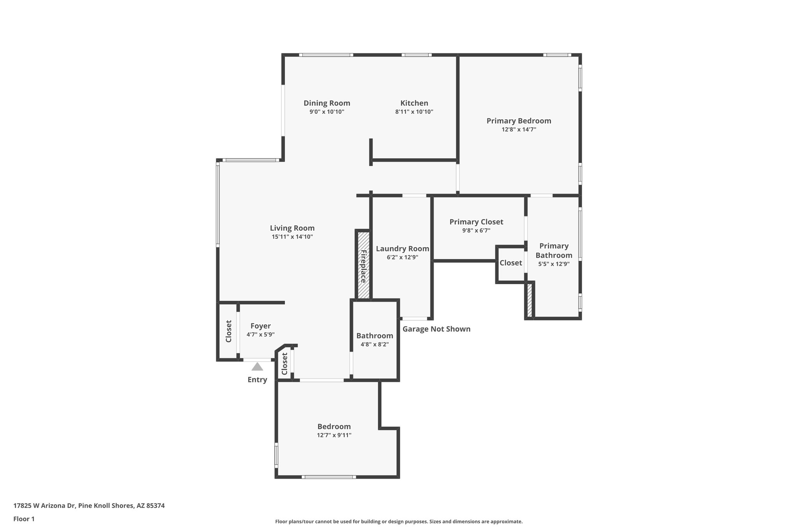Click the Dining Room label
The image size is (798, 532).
[327, 103]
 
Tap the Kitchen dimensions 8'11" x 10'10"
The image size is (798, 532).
[414, 112]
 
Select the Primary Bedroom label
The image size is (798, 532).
[519, 121]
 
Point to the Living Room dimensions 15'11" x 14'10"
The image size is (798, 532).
[292, 237]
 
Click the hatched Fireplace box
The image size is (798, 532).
[363, 265]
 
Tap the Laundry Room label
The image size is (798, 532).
[402, 249]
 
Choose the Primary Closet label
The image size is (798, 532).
[476, 222]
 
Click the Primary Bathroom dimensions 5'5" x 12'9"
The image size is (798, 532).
[554, 264]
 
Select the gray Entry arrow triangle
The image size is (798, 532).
[257, 367]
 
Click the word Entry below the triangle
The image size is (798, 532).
[257, 380]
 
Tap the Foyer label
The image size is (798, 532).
[260, 326]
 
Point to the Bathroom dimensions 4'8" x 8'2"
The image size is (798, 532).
[374, 345]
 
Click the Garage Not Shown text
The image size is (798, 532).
[436, 329]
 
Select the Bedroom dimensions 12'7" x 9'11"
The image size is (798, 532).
[334, 435]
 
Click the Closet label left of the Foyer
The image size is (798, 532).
[229, 331]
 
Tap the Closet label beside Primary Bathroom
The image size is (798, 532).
[510, 263]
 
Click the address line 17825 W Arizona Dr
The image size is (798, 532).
[89, 506]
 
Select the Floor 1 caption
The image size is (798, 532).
[24, 519]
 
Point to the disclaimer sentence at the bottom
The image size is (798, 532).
[399, 521]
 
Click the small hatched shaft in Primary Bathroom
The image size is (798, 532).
[530, 300]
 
